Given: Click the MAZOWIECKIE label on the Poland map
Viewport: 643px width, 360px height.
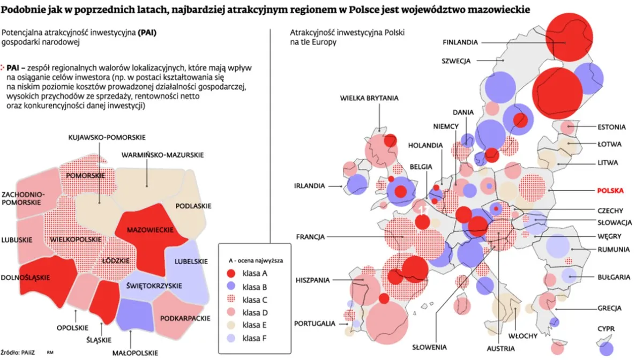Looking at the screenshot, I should coord(150,229).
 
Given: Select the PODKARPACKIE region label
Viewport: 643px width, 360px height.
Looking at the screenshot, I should coord(185,318).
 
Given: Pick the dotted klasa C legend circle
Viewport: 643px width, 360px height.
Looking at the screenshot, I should coord(231,299).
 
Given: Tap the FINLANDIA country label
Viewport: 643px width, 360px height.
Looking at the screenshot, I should coord(460,42).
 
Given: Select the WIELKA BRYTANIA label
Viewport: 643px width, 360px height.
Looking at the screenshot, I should coord(369,98).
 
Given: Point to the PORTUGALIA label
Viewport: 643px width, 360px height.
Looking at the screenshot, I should coord(315,324).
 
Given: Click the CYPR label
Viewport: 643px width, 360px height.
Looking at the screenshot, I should coord(607,328).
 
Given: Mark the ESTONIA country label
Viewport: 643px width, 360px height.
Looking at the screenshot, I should coord(611,127).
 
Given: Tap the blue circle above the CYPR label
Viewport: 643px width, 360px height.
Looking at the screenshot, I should coord(607,347).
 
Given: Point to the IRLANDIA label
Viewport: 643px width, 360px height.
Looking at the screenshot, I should coord(310,186).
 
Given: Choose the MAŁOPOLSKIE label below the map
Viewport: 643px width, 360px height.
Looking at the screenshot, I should coord(136,352).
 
